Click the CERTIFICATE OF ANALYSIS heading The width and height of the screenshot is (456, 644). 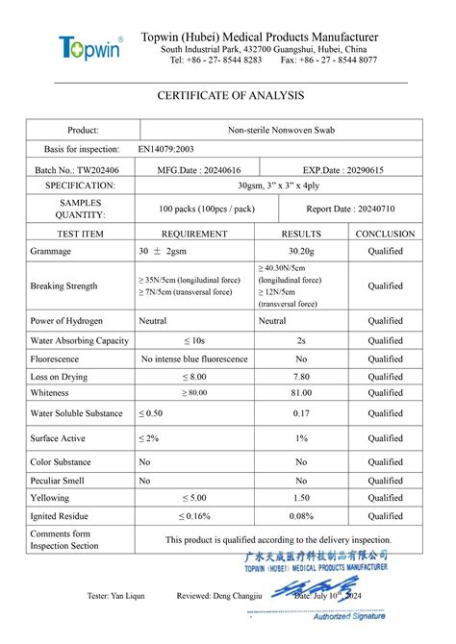[x=230, y=95]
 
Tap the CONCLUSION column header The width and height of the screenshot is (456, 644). [x=385, y=234]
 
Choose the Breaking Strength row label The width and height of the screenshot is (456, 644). [x=64, y=285]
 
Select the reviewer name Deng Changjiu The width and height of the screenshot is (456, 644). [x=237, y=596]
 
